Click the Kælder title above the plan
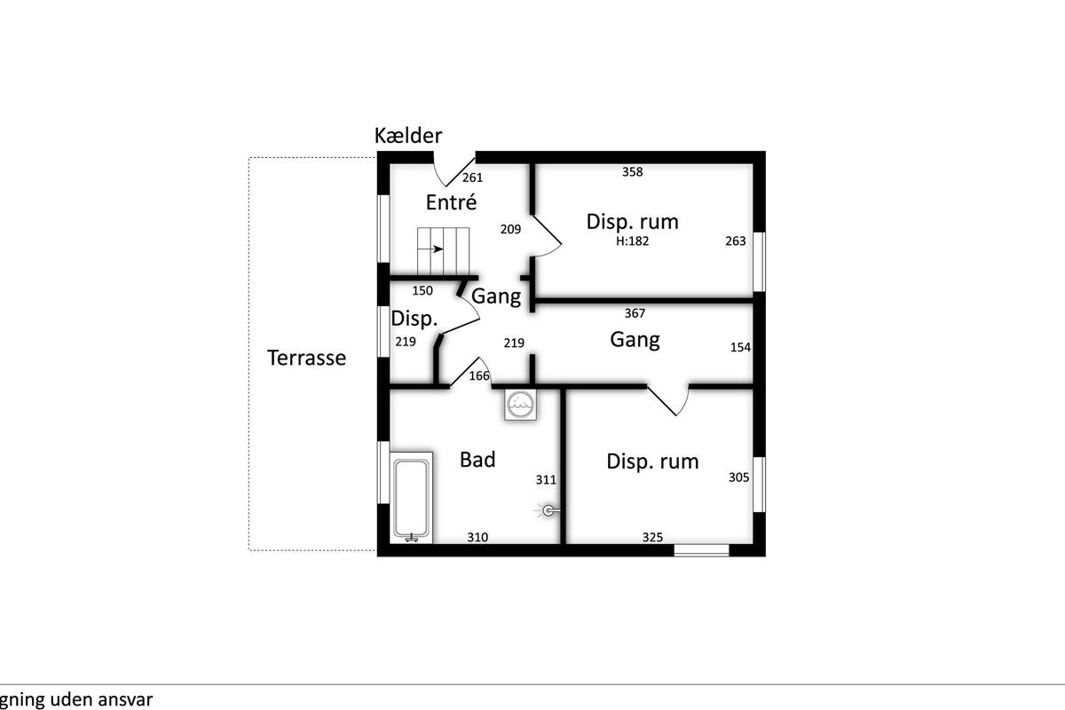[x=408, y=136]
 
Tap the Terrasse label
[x=307, y=358]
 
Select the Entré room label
[x=451, y=202]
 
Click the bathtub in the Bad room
[x=411, y=497]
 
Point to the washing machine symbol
[x=521, y=405]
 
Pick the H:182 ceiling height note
[x=632, y=241]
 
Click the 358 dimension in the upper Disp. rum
[x=632, y=171]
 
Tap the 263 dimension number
[x=736, y=241]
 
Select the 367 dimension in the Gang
[x=635, y=313]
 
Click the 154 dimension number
[x=740, y=347]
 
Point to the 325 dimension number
[x=652, y=537]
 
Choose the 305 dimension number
[x=738, y=477]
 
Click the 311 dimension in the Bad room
[x=546, y=479]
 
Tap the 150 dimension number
[x=422, y=290]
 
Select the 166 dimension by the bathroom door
[x=479, y=375]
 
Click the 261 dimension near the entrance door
[x=472, y=177]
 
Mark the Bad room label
[x=477, y=460]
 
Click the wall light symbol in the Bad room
[x=548, y=510]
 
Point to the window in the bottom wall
[x=701, y=550]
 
